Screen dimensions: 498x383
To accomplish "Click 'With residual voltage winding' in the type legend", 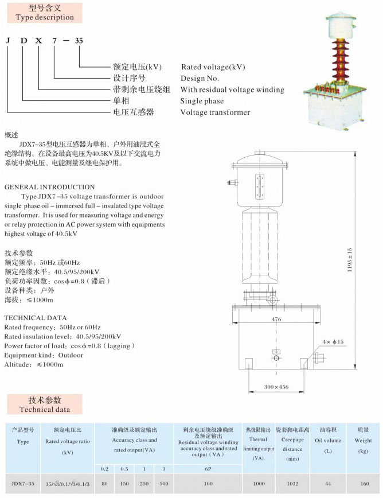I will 232,90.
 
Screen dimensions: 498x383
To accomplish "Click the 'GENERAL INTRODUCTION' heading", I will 49,187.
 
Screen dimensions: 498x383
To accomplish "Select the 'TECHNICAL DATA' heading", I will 36,318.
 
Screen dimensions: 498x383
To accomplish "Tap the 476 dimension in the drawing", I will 276,320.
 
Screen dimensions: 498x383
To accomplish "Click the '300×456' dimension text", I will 277,387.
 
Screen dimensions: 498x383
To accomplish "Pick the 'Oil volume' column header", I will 328,441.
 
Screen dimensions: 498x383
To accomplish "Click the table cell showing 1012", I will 292,484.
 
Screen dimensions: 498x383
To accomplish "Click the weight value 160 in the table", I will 365,484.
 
